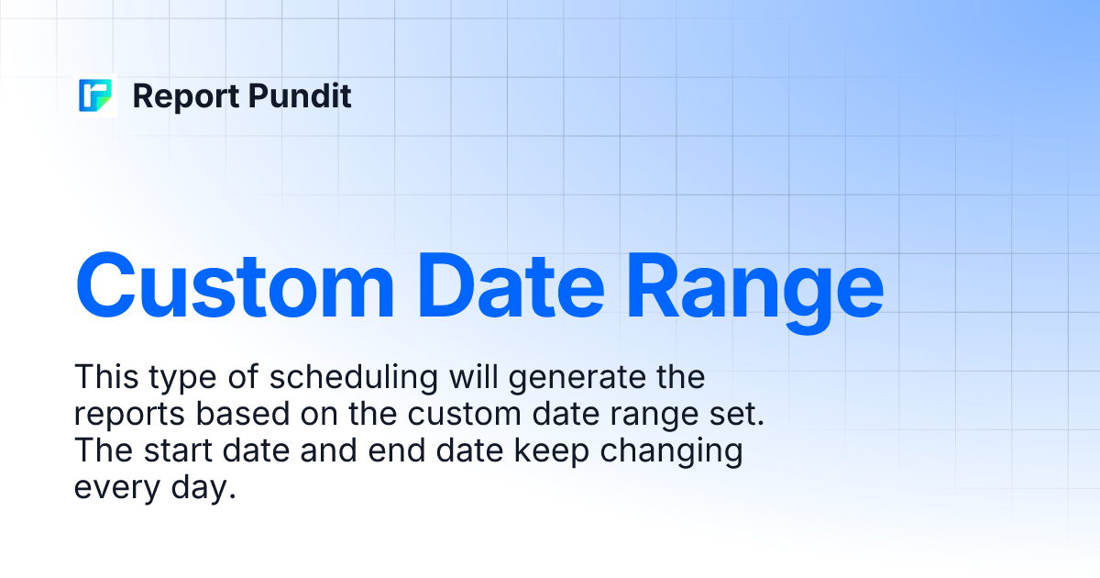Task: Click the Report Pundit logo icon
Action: pyautogui.click(x=96, y=96)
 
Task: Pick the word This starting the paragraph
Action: pyautogui.click(x=105, y=377)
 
